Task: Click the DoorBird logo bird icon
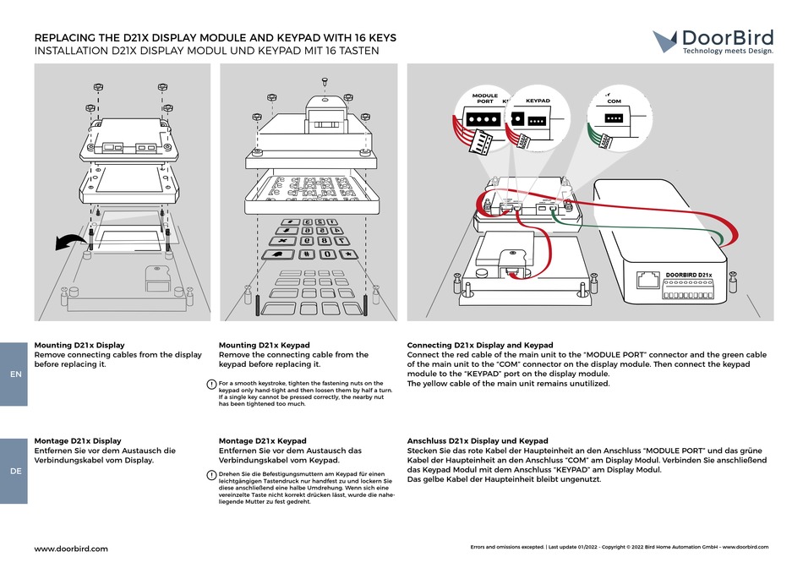[665, 40]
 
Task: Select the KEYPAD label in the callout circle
[538, 101]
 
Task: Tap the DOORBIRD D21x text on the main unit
[688, 274]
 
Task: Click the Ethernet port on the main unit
[648, 280]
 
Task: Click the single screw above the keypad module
[326, 81]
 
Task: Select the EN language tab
[15, 374]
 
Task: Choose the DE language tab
[15, 471]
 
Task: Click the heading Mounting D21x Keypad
[264, 345]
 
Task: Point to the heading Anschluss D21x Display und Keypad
[478, 440]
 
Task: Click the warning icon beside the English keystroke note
[211, 385]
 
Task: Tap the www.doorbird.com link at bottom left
[71, 549]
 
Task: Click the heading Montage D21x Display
[77, 440]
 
